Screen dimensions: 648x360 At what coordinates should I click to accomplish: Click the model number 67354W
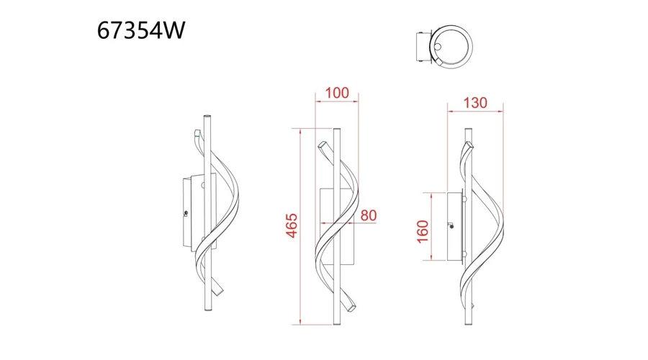click(141, 30)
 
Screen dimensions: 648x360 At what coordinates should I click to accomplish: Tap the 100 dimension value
click(337, 93)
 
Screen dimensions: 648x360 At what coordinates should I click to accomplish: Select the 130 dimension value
click(475, 102)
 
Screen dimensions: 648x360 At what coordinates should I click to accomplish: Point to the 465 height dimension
click(292, 225)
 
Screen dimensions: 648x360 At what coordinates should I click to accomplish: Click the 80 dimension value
click(368, 215)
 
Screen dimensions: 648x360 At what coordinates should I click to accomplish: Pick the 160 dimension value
click(423, 232)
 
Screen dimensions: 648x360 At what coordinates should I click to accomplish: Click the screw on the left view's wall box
click(186, 213)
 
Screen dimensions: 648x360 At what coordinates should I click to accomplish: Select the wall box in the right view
click(456, 227)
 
